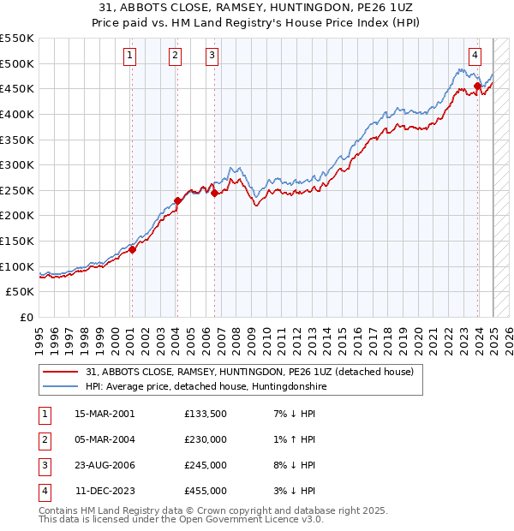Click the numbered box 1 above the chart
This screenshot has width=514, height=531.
point(129,57)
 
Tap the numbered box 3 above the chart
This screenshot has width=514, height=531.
point(212,57)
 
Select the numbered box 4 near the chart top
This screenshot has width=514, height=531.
point(475,57)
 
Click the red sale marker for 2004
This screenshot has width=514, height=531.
point(177,200)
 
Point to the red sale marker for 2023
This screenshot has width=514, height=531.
point(477,86)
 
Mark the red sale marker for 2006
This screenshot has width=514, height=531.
point(214,193)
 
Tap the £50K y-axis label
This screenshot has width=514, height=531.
point(21,292)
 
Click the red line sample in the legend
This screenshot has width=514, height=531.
point(61,372)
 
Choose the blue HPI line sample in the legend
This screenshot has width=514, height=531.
point(61,386)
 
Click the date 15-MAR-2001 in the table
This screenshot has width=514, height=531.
point(105,414)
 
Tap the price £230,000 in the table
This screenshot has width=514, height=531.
point(206,439)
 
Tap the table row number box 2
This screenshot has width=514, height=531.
point(44,439)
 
